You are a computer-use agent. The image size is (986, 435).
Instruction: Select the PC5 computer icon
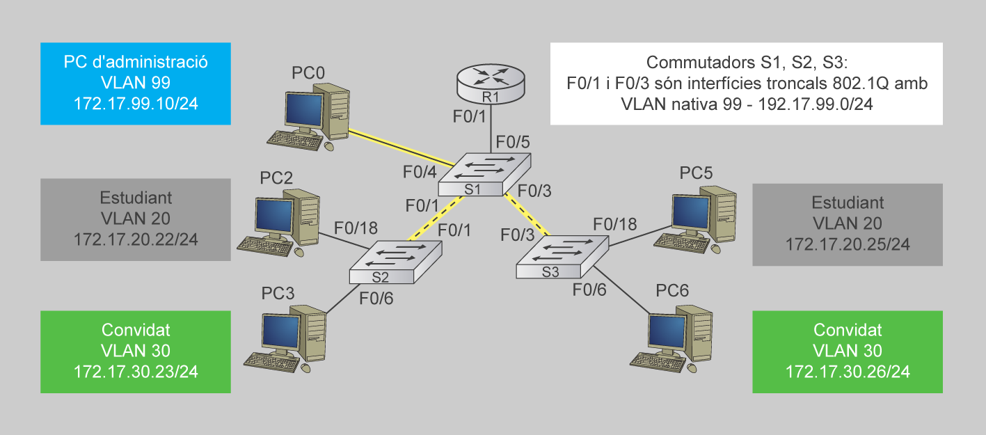697,216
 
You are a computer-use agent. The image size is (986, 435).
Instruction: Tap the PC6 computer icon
672,336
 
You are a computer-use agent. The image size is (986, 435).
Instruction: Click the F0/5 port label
512,142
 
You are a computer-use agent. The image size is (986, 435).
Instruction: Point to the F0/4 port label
420,172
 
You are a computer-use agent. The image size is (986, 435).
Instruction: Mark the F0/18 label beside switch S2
356,228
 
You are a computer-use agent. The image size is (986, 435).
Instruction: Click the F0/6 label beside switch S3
589,290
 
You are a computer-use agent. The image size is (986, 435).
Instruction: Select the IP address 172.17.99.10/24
136,104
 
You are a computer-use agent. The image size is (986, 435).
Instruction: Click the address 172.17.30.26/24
848,372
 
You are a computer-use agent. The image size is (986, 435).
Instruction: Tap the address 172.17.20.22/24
136,239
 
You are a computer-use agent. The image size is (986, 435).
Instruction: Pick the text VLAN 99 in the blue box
136,83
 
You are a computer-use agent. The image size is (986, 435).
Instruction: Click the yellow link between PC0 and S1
400,148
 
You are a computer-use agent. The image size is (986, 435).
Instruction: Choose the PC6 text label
672,290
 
